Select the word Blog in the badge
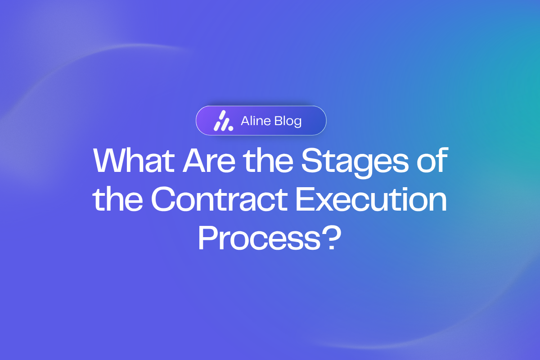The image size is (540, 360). tap(287, 121)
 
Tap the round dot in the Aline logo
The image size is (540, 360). tap(230, 128)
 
